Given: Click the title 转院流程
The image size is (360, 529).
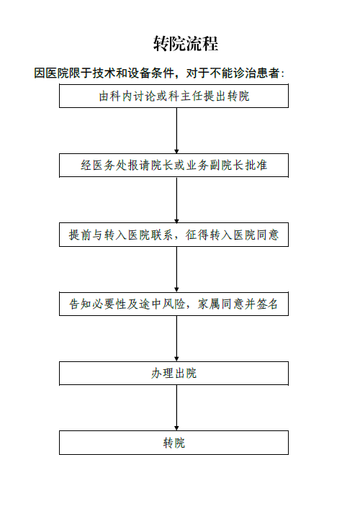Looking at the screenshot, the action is click(186, 43).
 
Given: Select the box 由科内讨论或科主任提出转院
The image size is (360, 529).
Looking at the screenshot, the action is click(174, 96).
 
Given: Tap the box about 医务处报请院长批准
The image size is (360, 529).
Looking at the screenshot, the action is click(174, 166).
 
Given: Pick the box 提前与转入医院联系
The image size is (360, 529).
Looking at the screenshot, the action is click(174, 235).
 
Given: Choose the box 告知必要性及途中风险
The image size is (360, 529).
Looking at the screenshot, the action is click(174, 304).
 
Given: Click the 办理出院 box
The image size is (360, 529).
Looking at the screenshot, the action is click(174, 373).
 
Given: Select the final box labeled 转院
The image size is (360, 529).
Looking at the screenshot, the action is click(174, 443).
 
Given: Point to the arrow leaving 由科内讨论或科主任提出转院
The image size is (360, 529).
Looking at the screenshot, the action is click(176, 130).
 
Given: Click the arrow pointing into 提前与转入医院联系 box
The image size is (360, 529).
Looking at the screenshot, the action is click(176, 200).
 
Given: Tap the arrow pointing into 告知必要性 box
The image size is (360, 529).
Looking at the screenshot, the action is click(176, 269).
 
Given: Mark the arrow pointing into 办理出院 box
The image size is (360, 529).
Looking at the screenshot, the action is click(176, 339).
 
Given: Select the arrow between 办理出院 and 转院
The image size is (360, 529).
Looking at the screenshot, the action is click(176, 408).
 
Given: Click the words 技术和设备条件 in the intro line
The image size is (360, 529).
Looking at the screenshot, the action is click(133, 73).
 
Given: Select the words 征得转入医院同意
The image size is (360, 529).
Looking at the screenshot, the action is click(232, 235).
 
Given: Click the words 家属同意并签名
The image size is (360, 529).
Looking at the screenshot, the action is click(238, 304).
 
